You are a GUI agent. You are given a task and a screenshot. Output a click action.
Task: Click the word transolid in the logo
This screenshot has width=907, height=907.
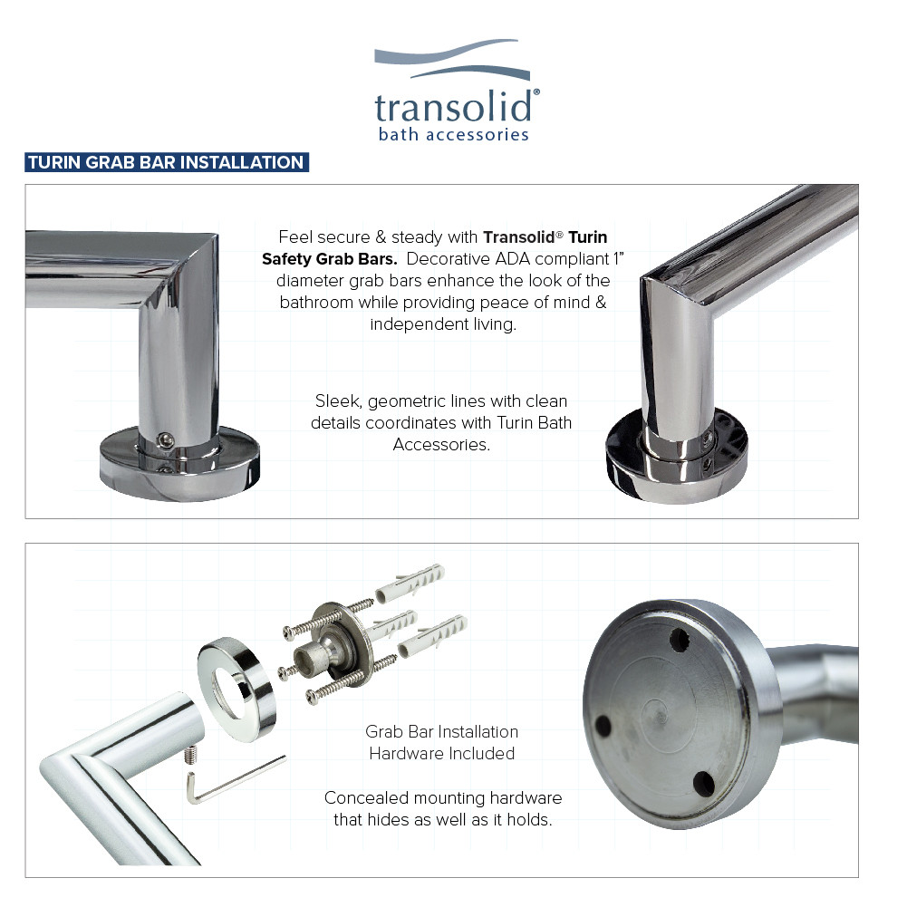[453, 107]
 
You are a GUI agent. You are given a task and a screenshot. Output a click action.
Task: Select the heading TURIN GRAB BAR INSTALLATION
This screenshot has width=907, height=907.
[166, 163]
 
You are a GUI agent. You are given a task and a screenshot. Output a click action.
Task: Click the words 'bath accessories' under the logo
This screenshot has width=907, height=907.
[453, 135]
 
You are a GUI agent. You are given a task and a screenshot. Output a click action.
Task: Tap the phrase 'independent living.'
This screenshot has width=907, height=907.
[443, 323]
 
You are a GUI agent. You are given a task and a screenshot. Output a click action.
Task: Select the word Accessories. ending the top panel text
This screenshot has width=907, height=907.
[441, 444]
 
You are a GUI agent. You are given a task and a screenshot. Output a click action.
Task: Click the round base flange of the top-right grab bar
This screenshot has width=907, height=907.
[675, 453]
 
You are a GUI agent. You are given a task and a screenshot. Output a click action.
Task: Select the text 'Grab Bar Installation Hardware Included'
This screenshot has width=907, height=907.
[442, 742]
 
